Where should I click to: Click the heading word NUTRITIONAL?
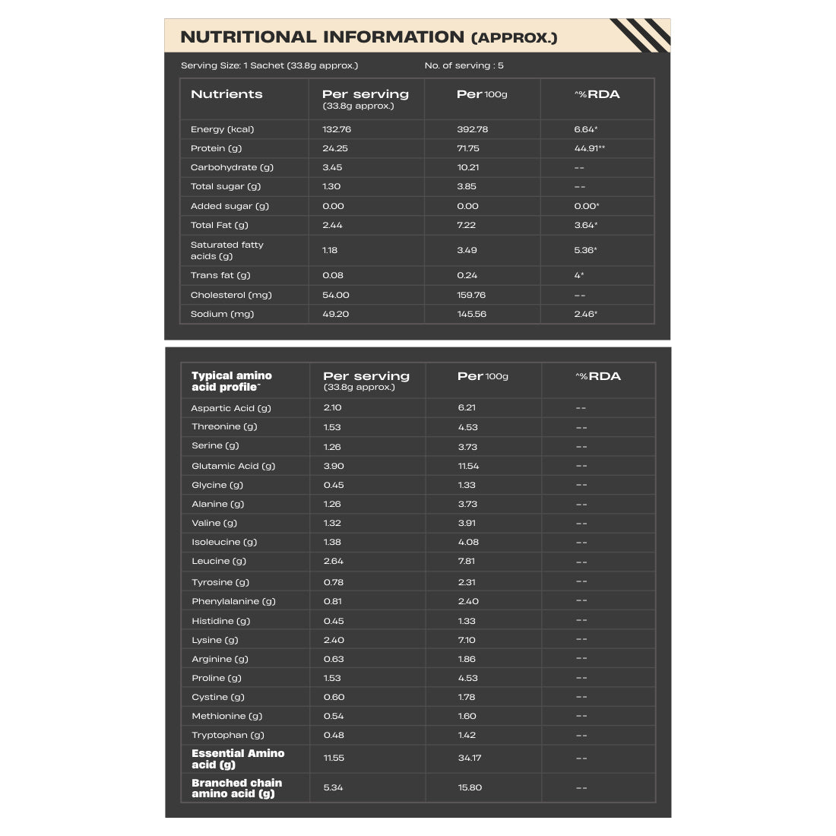click(248, 37)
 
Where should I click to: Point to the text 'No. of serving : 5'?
click(464, 65)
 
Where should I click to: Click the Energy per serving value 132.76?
click(337, 129)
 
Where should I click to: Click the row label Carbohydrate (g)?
click(232, 167)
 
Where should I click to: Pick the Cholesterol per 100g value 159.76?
click(471, 295)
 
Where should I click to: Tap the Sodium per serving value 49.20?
click(336, 314)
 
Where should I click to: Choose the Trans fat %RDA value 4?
click(578, 275)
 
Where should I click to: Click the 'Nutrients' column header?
click(226, 94)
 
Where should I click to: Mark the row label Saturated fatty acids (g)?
click(226, 250)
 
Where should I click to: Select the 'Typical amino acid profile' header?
click(231, 381)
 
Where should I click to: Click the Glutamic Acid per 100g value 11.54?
click(468, 466)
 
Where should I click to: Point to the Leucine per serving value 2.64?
click(334, 561)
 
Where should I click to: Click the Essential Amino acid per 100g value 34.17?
click(469, 758)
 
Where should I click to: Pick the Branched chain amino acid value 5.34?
click(334, 787)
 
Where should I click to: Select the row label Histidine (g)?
click(220, 621)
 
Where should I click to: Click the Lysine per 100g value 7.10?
click(467, 640)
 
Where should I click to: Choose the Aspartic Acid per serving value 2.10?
click(332, 407)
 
